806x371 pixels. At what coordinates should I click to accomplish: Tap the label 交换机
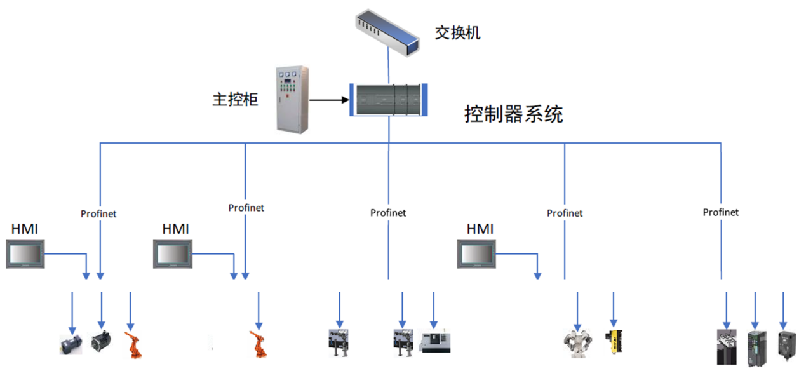pyautogui.click(x=457, y=33)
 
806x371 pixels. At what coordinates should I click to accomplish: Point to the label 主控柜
pyautogui.click(x=235, y=100)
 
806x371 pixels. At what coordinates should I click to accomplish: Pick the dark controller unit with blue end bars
pyautogui.click(x=389, y=100)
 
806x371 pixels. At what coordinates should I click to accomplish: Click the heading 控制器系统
pyautogui.click(x=514, y=115)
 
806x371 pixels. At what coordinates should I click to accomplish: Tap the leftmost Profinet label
pyautogui.click(x=98, y=214)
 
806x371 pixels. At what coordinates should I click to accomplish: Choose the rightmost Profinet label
pyautogui.click(x=720, y=212)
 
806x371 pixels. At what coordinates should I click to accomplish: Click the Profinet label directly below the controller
pyautogui.click(x=388, y=213)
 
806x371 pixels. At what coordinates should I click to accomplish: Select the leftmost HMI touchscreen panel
pyautogui.click(x=26, y=255)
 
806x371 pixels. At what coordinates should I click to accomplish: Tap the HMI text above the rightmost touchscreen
pyautogui.click(x=480, y=229)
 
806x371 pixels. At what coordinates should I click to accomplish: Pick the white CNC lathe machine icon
pyautogui.click(x=435, y=341)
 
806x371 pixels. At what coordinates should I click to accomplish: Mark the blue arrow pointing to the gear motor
pyautogui.click(x=72, y=312)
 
